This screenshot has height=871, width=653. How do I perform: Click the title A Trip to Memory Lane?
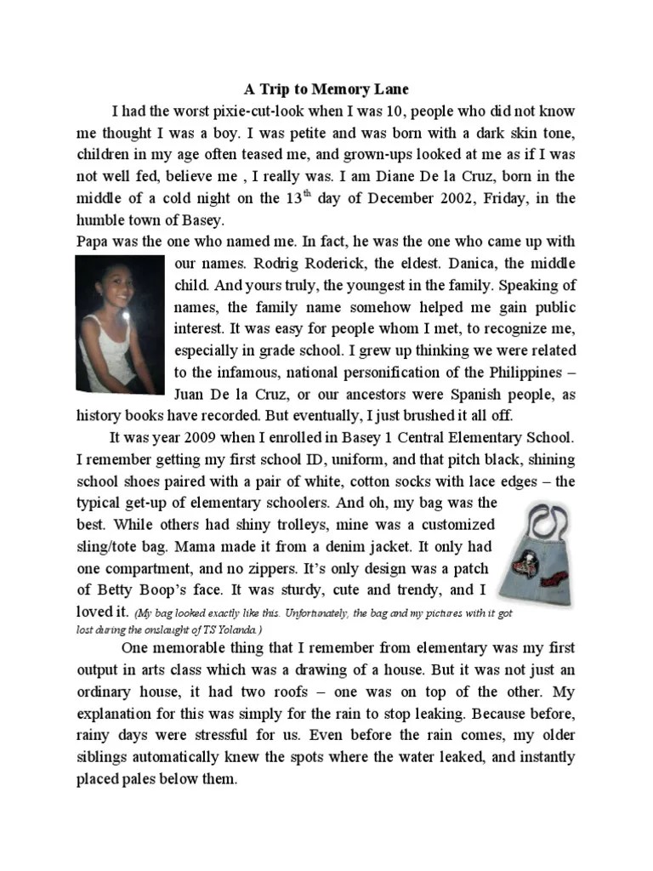tap(326, 88)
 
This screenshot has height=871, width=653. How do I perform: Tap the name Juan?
tap(190, 394)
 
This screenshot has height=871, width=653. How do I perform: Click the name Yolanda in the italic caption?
tap(243, 629)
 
